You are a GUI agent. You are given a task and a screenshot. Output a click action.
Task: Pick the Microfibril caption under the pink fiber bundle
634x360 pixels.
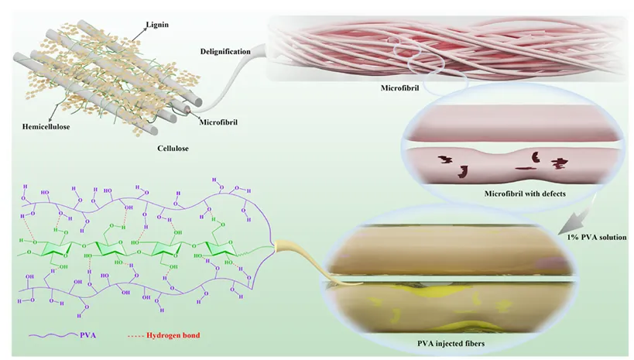coord(399,88)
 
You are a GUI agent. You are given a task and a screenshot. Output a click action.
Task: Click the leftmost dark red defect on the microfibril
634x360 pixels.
coord(445,159)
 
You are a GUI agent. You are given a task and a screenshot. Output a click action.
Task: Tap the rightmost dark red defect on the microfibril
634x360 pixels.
coord(558,163)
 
